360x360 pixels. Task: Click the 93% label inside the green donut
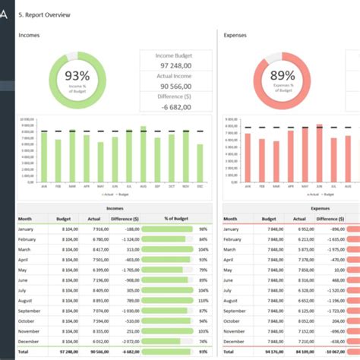tap(77, 75)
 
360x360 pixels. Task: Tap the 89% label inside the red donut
tap(283, 75)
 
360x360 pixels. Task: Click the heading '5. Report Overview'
tap(45, 15)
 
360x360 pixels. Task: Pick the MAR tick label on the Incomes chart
tap(71, 186)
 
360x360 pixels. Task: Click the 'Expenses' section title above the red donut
tap(235, 35)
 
